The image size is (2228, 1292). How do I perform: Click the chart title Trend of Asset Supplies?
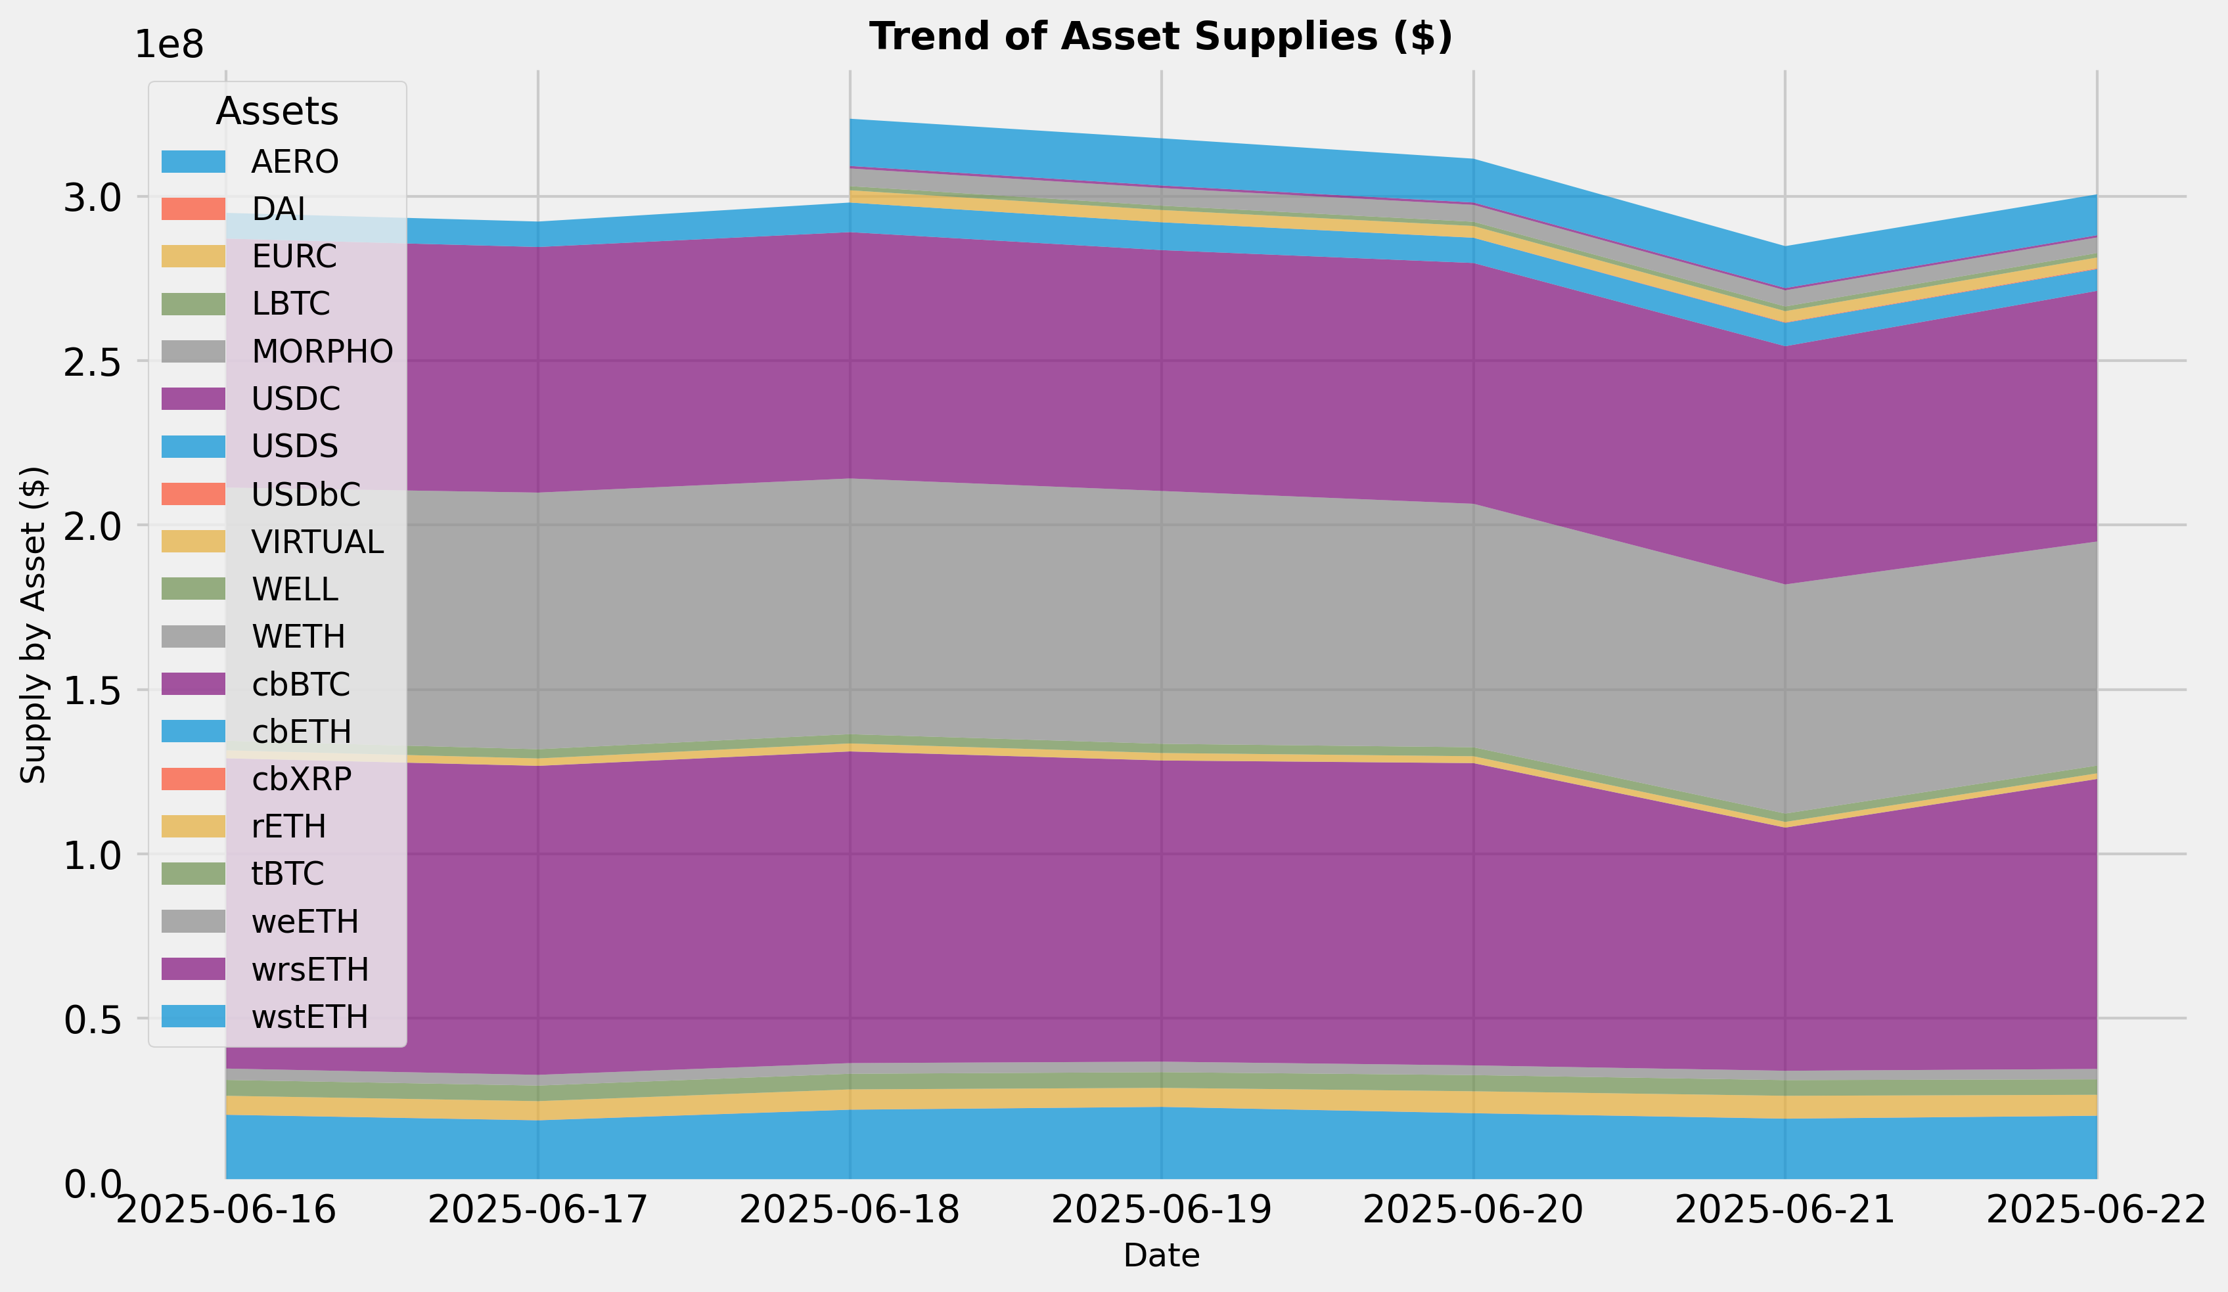point(1160,37)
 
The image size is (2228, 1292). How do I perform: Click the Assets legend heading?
point(277,112)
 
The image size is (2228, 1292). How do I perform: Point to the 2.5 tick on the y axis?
point(92,361)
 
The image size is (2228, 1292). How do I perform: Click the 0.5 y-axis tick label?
point(92,1019)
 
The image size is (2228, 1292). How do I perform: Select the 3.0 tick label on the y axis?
point(92,197)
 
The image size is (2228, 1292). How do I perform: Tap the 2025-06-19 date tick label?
point(1161,1209)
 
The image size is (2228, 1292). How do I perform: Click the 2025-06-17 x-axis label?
point(537,1209)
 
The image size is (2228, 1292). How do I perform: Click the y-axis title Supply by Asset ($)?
point(34,624)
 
